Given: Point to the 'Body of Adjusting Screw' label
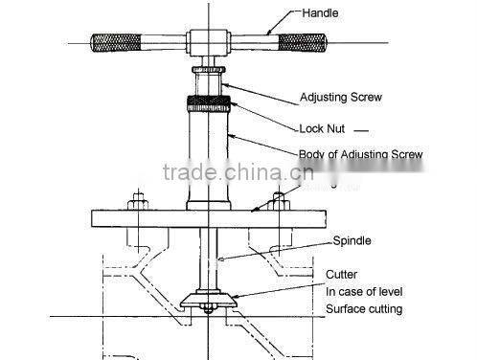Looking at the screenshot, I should click(360, 154).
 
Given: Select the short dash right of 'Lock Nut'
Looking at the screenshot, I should click(361, 128).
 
